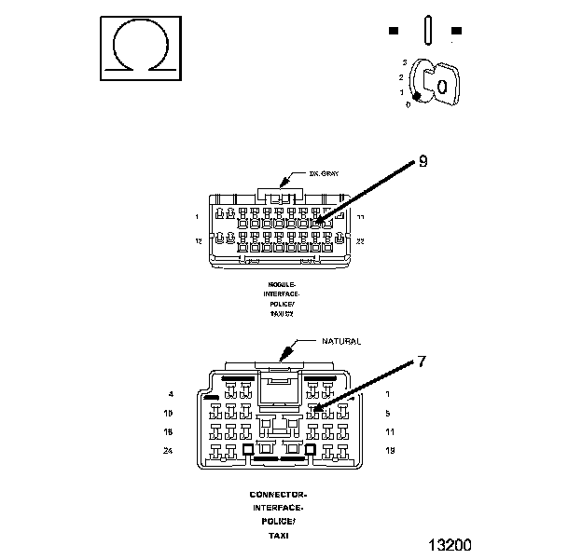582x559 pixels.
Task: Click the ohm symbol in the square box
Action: click(139, 47)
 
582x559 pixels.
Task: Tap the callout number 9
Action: click(423, 162)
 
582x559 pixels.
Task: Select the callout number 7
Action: click(422, 361)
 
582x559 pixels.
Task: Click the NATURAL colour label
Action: click(341, 342)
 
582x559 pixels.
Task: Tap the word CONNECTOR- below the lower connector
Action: click(278, 494)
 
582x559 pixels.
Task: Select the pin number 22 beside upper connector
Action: click(361, 240)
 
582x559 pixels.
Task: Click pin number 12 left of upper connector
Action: click(198, 240)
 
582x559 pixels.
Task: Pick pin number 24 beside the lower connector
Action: click(170, 450)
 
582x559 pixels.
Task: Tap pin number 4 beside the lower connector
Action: click(172, 394)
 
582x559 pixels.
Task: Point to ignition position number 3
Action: click(404, 61)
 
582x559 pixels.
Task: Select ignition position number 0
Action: click(408, 104)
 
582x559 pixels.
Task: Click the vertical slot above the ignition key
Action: click(426, 30)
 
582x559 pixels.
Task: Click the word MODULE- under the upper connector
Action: click(281, 283)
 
